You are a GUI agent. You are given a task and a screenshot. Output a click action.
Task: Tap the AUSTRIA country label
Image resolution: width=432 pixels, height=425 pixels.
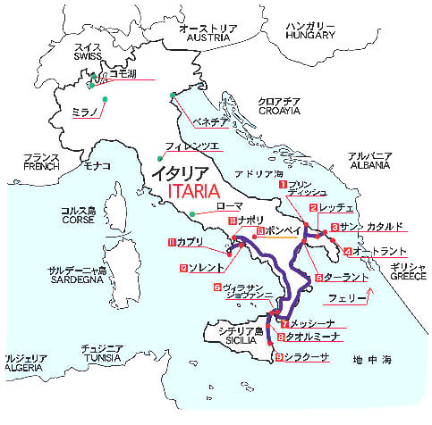tap(207, 39)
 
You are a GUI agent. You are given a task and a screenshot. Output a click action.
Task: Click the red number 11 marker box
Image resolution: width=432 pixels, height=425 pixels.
tap(172, 241)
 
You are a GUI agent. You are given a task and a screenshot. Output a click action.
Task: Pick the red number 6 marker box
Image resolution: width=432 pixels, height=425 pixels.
tap(216, 287)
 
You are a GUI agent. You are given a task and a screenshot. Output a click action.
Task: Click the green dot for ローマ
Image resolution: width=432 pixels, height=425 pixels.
tap(191, 212)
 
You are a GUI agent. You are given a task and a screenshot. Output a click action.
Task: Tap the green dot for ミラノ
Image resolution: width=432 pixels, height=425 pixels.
tap(105, 98)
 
